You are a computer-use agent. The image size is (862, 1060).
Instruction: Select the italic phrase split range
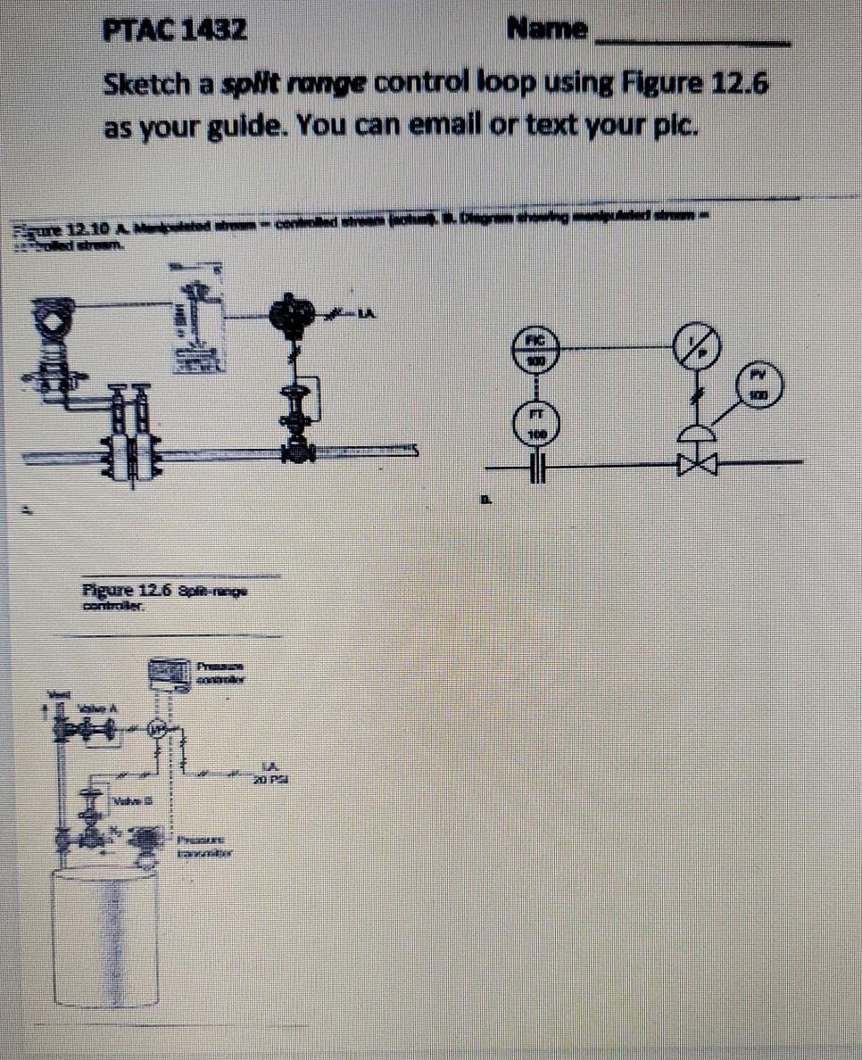294,86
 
